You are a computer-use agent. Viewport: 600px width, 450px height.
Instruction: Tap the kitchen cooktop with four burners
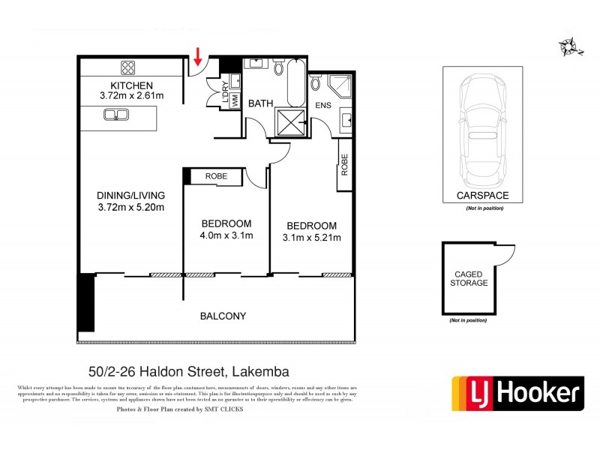124,65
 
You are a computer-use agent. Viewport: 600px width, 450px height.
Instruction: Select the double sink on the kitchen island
117,115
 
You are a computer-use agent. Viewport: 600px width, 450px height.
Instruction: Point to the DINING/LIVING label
131,196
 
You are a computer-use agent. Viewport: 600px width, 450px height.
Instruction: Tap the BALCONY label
223,316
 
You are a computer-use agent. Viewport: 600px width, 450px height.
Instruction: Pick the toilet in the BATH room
278,70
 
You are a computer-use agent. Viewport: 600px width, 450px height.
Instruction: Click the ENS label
322,106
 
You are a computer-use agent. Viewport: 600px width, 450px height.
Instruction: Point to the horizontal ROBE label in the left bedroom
216,176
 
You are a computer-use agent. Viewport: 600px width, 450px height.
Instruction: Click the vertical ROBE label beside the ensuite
344,164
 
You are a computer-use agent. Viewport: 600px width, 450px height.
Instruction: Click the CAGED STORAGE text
469,278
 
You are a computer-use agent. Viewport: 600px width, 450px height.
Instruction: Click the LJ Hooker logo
517,393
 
